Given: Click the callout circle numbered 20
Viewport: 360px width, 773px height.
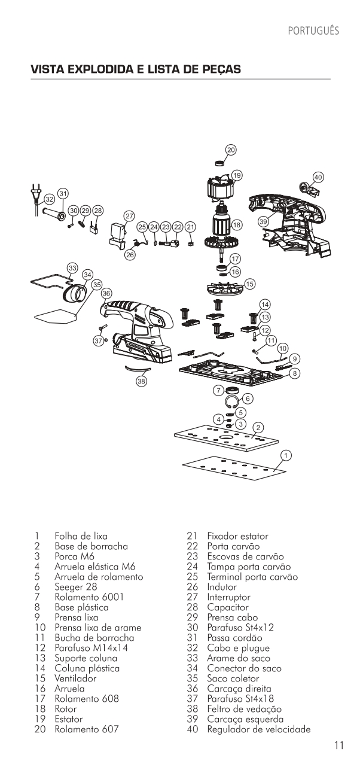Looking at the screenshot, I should click(x=231, y=150).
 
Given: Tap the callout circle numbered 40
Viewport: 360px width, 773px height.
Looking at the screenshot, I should click(x=318, y=177).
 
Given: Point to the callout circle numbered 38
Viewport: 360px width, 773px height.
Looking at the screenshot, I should click(x=142, y=382).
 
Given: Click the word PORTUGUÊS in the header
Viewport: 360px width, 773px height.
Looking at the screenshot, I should click(x=313, y=31).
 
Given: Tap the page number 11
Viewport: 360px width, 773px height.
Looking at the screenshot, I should click(x=339, y=745).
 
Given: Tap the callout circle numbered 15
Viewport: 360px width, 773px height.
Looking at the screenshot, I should click(x=249, y=283).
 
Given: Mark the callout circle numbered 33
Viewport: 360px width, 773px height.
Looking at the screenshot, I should click(x=72, y=267).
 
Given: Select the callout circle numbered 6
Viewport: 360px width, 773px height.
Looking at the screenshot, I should click(x=248, y=398).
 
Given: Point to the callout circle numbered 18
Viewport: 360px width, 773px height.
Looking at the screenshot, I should click(x=237, y=225).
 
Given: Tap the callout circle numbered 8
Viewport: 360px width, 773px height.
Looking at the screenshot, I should click(x=294, y=372).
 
